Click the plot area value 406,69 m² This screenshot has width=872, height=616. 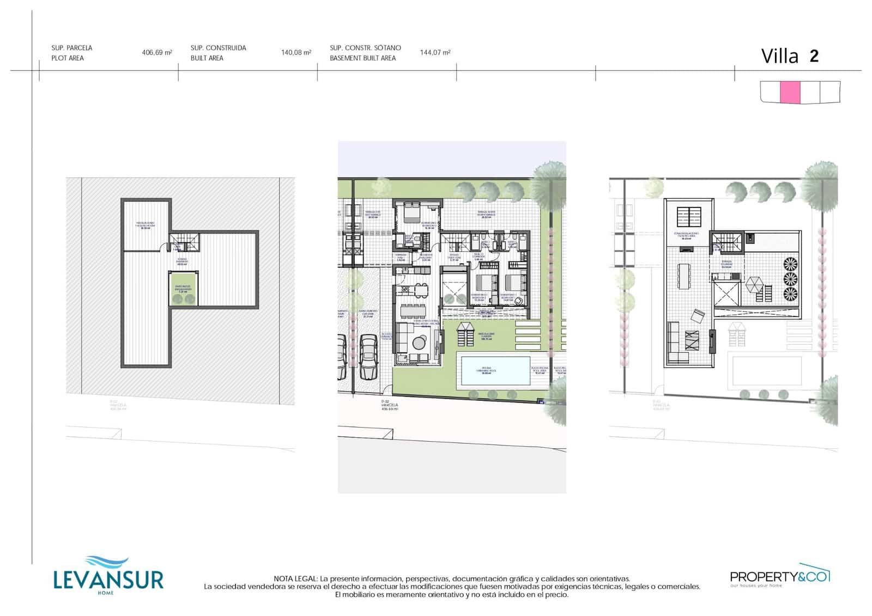[156, 53]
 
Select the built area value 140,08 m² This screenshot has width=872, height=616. [296, 53]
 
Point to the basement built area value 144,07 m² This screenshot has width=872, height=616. [435, 53]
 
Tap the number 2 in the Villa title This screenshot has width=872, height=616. [814, 56]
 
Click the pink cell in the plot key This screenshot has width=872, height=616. [790, 92]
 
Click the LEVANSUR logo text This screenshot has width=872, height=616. [108, 579]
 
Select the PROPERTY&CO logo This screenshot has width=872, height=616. [779, 576]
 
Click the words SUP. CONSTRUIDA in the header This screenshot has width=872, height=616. [218, 48]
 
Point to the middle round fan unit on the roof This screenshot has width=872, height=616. [790, 279]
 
